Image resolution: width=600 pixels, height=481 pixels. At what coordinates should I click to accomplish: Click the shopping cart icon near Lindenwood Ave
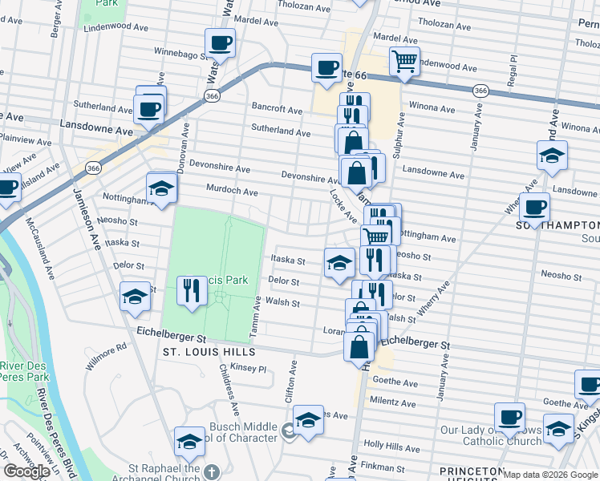tap(405, 61)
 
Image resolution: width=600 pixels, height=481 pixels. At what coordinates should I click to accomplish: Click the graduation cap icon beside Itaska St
tap(339, 262)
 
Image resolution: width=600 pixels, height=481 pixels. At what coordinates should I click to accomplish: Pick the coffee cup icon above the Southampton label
tap(534, 208)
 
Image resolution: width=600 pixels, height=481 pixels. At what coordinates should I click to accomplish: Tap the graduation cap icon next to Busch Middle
tap(307, 420)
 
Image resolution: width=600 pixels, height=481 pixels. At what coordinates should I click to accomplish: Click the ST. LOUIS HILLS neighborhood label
tap(209, 352)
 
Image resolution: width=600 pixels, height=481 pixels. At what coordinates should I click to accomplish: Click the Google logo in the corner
tap(26, 471)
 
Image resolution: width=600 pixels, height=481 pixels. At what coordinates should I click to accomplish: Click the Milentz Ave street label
tap(392, 400)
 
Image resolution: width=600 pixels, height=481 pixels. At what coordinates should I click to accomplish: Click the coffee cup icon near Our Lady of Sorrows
tap(509, 418)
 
